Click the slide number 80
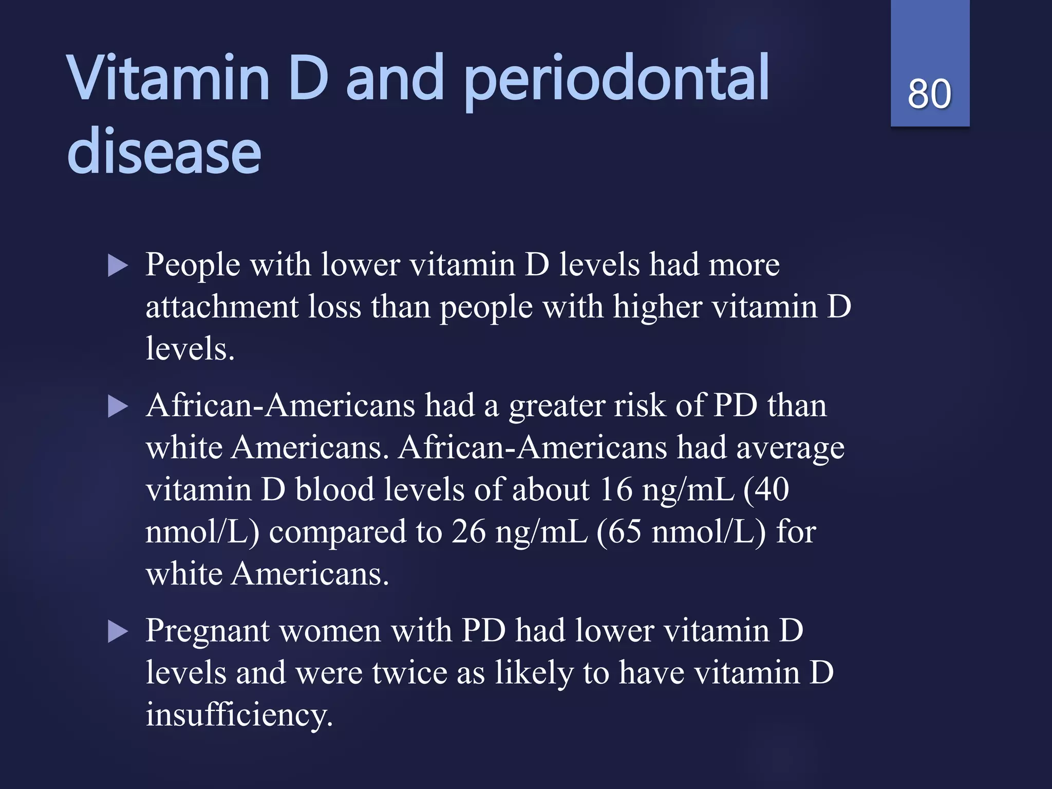pyautogui.click(x=929, y=94)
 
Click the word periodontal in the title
pyautogui.click(x=616, y=80)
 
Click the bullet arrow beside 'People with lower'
pyautogui.click(x=118, y=267)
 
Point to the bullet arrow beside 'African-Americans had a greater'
pyautogui.click(x=118, y=407)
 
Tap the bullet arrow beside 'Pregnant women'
pyautogui.click(x=118, y=632)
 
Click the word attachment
pyautogui.click(x=222, y=307)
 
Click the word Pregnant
pyautogui.click(x=207, y=632)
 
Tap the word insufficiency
pyautogui.click(x=239, y=715)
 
